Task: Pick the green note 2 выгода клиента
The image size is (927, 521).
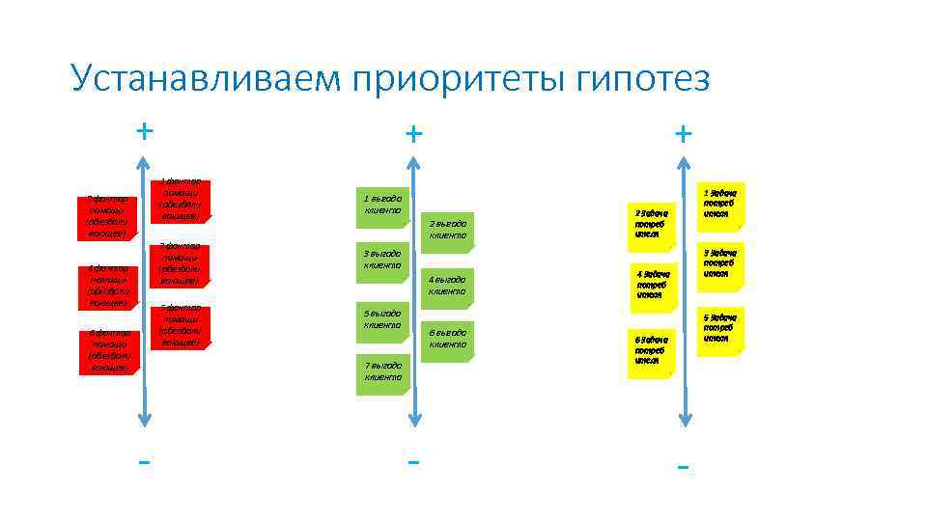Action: (447, 230)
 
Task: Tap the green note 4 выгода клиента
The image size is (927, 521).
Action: (447, 286)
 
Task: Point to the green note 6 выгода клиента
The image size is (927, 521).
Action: (447, 339)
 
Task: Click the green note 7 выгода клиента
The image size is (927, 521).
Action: (382, 372)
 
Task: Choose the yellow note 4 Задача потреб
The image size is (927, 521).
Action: (653, 287)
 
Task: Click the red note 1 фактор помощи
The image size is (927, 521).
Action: (181, 201)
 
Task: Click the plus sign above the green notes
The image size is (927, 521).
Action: (413, 132)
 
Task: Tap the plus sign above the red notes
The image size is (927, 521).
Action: (144, 129)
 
